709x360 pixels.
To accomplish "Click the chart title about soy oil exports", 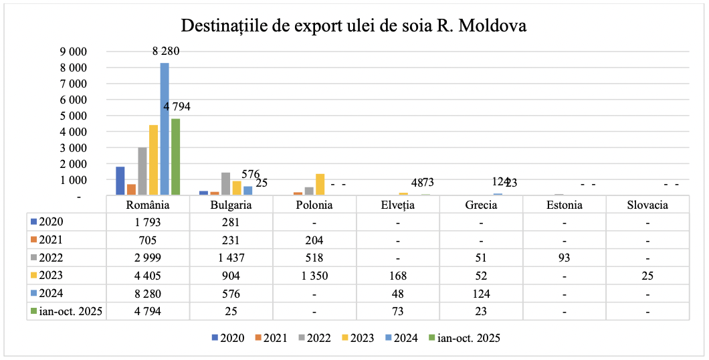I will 354,26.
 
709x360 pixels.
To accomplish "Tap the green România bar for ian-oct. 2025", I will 175,157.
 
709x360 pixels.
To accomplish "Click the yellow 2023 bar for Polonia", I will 320,184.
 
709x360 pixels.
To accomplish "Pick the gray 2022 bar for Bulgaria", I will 225,183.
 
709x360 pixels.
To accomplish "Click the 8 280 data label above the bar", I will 165,51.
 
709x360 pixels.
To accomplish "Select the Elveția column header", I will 397,205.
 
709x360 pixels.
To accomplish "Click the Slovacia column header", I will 647,205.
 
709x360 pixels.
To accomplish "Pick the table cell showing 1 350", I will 314,275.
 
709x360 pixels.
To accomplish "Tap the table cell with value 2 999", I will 148,258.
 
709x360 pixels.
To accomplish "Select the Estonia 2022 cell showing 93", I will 564,258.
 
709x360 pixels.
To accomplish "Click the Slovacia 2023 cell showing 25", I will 647,275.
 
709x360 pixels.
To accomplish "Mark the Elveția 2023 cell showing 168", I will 397,275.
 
